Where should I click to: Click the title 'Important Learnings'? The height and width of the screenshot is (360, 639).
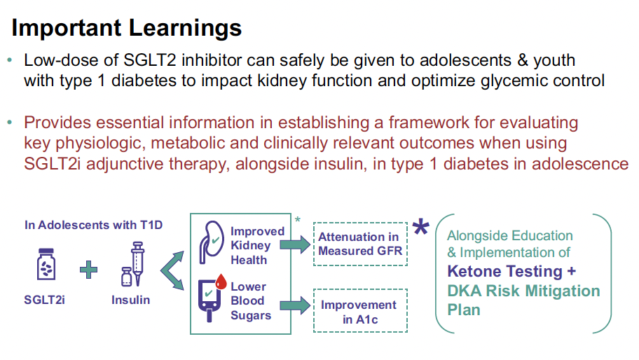126,29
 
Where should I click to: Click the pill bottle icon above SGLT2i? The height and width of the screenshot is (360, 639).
46,264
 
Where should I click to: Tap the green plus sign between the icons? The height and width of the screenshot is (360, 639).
88,270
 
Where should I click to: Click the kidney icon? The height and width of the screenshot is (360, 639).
212,242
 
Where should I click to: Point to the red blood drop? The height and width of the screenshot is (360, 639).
221,282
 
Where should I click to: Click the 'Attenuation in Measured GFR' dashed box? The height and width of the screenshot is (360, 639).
360,244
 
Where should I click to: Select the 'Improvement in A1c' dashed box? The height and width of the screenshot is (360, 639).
360,311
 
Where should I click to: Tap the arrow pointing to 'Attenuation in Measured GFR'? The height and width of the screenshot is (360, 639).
295,244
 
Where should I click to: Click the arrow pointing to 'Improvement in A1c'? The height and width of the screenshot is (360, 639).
295,305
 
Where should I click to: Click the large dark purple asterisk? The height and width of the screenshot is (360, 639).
420,227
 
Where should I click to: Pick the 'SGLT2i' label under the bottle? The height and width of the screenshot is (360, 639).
44,300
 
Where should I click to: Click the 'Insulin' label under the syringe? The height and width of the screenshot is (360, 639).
131,300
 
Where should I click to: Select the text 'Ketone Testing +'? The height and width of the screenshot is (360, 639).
511,271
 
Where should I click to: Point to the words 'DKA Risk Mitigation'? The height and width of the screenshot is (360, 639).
523,291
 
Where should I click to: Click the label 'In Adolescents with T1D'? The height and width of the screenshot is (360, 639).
93,225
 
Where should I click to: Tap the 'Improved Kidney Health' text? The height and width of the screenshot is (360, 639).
258,246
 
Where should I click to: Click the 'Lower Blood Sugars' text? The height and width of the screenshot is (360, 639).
251,301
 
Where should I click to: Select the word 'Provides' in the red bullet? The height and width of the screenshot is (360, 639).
57,122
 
